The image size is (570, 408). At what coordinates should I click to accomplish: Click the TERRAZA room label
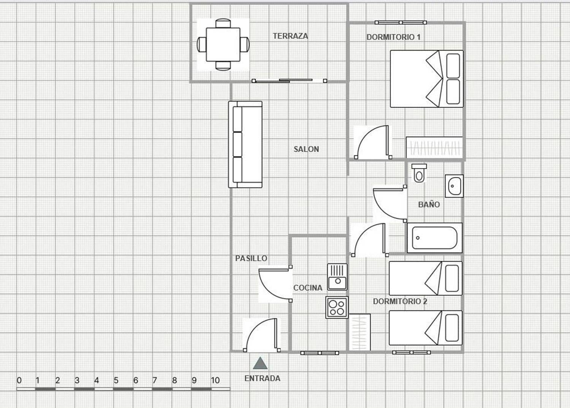click(x=290, y=36)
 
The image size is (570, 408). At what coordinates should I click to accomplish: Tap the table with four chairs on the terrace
click(x=223, y=44)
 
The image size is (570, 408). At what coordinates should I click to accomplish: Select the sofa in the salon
click(x=245, y=144)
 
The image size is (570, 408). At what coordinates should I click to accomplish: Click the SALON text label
click(x=306, y=149)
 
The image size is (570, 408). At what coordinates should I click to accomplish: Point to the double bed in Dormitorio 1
click(x=426, y=79)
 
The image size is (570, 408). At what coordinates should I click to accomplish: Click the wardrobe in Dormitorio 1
click(x=434, y=147)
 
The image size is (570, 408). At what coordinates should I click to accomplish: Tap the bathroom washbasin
click(x=454, y=186)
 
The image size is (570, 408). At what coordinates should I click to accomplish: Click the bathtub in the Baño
click(x=435, y=238)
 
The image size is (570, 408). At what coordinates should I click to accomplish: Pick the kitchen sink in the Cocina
click(x=337, y=277)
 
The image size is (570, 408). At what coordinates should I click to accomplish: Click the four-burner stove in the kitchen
click(x=337, y=307)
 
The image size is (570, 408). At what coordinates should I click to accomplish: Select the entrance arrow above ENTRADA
click(x=260, y=364)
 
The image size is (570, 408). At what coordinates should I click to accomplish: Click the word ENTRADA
click(x=262, y=378)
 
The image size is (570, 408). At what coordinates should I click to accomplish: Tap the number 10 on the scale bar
click(x=215, y=380)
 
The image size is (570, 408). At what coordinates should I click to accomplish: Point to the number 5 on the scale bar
click(x=116, y=380)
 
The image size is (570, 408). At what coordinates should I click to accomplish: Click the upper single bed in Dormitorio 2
click(x=426, y=278)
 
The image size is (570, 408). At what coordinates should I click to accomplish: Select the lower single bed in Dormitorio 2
click(x=426, y=328)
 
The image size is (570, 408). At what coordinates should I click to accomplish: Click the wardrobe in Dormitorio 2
click(x=359, y=332)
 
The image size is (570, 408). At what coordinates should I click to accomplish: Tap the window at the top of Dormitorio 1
click(x=401, y=22)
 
